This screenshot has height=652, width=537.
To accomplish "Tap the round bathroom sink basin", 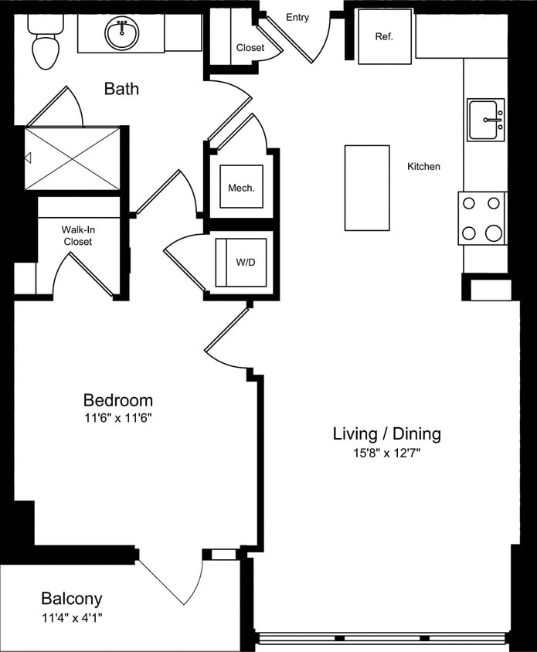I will point(121,34).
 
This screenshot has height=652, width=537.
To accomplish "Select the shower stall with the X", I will point(73,158).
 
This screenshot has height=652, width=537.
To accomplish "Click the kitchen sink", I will point(485,120).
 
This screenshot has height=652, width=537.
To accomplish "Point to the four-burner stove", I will point(481,218).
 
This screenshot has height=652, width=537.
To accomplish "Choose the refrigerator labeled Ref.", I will point(384,36).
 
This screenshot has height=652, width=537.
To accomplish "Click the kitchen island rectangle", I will point(367,188).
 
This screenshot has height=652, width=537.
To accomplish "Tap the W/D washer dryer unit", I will point(243,262).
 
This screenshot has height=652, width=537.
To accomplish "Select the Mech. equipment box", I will point(241,187).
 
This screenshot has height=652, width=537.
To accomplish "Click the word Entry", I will point(297,17).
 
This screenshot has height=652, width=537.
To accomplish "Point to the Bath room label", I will point(121,89).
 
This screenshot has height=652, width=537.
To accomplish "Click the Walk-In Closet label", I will point(77,236).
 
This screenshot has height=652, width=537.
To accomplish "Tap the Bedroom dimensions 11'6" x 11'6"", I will point(117,420).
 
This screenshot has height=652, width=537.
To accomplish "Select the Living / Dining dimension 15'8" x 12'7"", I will point(386,453).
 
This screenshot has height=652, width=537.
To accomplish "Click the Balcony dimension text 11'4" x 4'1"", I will point(71,617).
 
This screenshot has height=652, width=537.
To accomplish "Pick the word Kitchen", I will point(424,166).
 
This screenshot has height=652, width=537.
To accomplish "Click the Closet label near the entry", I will point(250,48).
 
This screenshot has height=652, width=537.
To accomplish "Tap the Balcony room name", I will point(71,599).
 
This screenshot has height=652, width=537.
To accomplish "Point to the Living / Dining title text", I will point(386,433).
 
